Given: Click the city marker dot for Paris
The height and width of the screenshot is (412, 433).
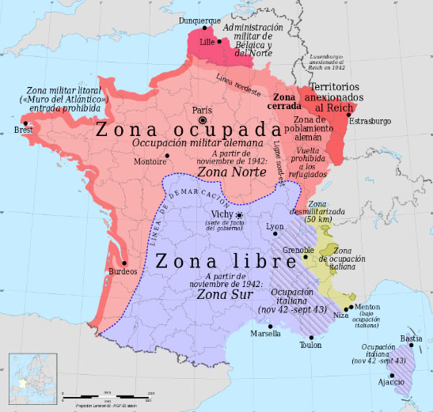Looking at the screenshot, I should pos(203,119).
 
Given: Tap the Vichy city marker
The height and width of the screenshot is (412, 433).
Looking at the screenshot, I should pos(239,215).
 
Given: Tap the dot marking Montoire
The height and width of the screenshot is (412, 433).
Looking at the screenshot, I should pos(167,154).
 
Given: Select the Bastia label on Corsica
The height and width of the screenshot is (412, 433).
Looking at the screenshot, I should pos(410,338).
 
